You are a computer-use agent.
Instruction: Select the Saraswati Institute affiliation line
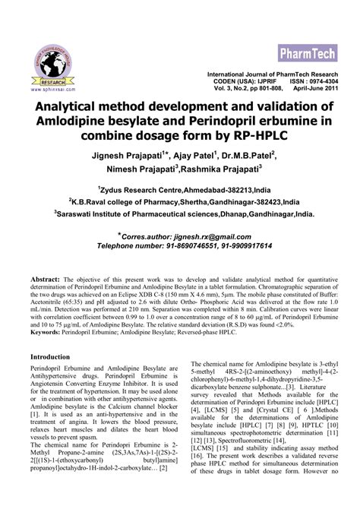point(182,215)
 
